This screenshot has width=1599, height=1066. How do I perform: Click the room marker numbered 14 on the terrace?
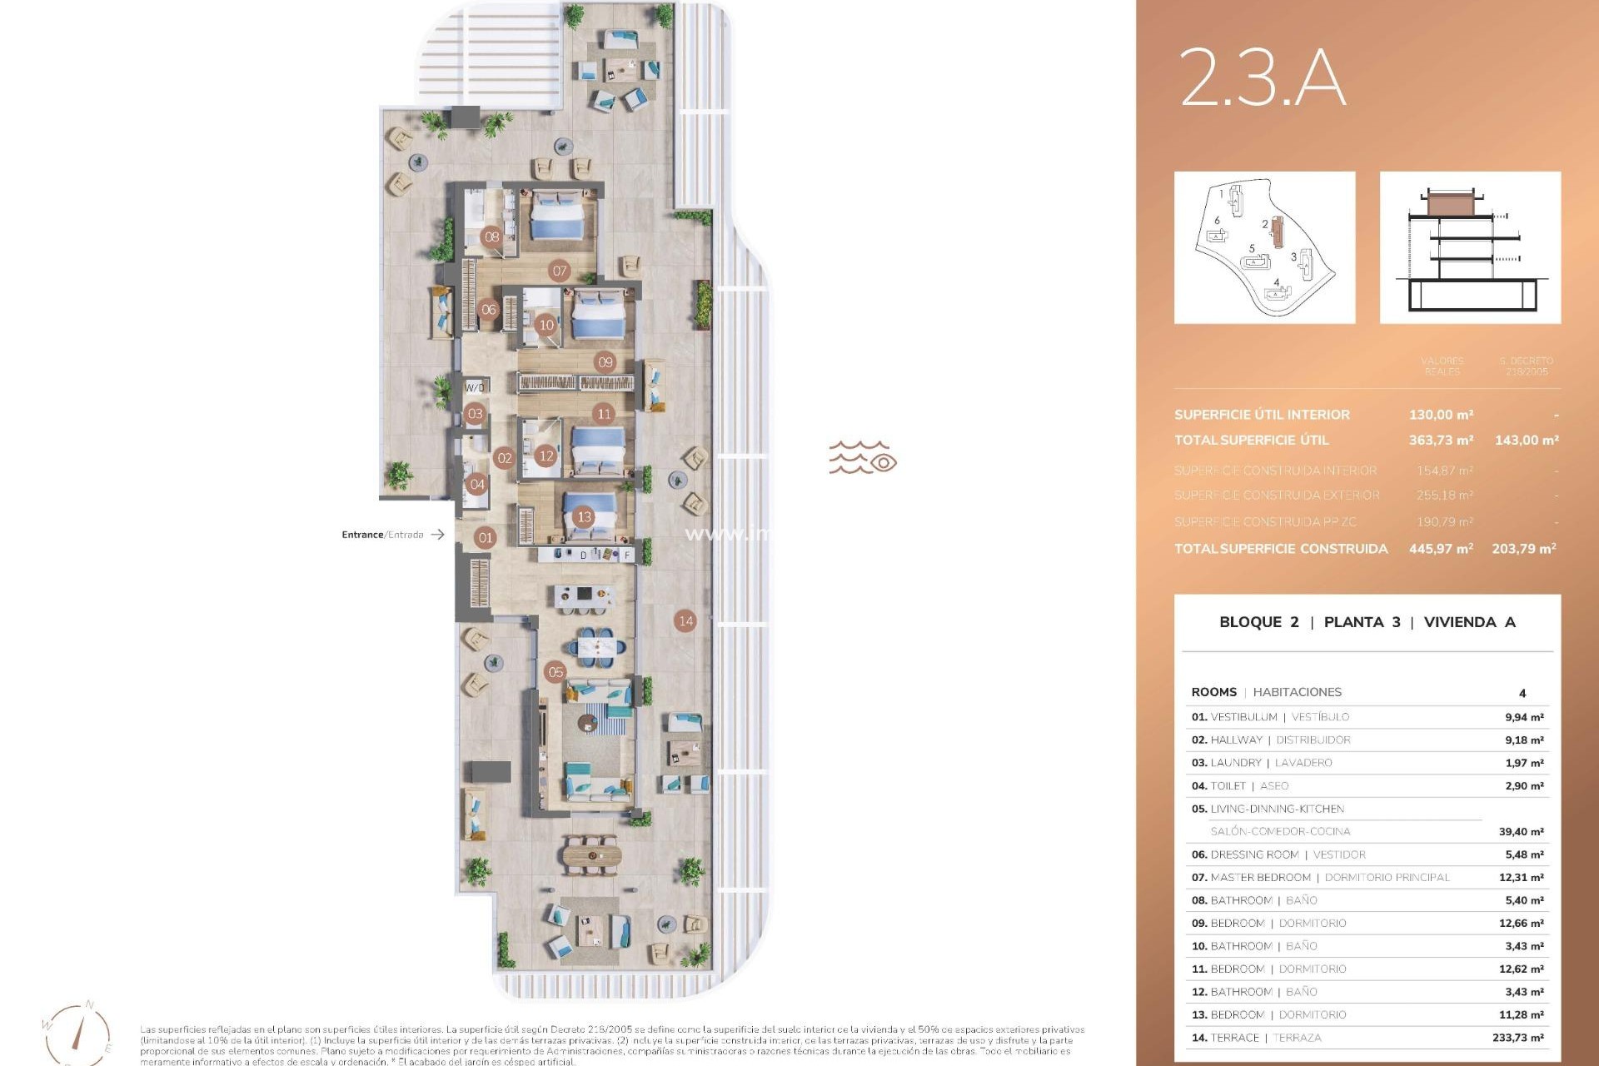click(685, 620)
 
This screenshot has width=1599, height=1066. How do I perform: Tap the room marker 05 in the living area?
click(555, 672)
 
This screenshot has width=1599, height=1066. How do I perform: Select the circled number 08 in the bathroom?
click(492, 237)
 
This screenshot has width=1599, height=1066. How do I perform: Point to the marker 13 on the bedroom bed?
click(584, 517)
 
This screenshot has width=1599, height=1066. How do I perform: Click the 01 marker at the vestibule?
click(486, 538)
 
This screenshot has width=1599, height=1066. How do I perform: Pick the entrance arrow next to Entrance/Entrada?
click(437, 535)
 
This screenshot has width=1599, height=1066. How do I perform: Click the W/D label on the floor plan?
click(475, 387)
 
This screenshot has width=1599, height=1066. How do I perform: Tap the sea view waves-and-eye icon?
click(862, 458)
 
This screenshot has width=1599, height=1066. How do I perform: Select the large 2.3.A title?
click(1263, 77)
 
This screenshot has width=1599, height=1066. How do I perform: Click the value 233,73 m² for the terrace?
click(1517, 1038)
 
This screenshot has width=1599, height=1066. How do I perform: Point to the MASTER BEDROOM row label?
click(1260, 878)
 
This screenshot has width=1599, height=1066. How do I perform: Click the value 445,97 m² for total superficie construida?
click(1441, 549)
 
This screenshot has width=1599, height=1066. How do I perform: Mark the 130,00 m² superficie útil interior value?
click(1441, 415)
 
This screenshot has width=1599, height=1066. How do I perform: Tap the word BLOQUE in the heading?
click(1250, 622)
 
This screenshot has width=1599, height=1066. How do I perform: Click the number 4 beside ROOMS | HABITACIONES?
click(1522, 693)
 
